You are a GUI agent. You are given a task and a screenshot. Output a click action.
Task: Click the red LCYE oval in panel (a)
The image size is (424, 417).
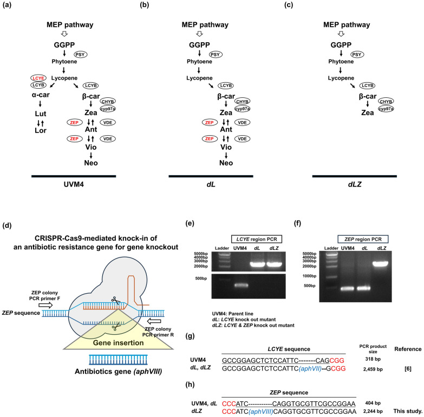[x=38, y=78]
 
